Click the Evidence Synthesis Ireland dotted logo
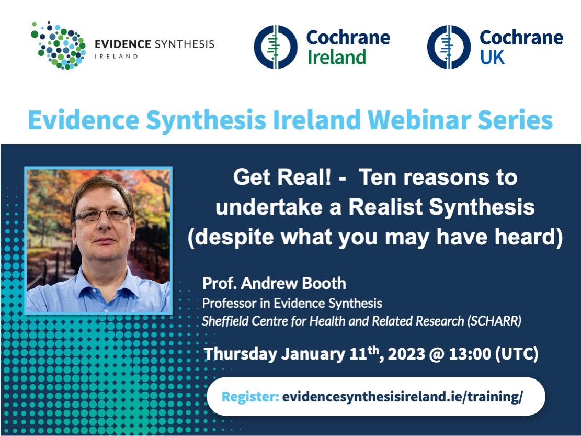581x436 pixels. coord(58,45)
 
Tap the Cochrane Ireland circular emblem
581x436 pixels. coord(275,47)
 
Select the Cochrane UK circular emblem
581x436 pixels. coord(449,47)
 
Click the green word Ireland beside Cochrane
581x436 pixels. coord(337,57)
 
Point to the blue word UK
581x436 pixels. coord(493,57)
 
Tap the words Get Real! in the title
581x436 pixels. coord(282,177)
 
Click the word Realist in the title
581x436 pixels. coord(385,207)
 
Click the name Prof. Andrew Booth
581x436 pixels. coord(274,283)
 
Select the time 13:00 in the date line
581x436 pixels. coord(470,354)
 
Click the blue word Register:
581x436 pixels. coord(250,397)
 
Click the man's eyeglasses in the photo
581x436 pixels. coord(102,215)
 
